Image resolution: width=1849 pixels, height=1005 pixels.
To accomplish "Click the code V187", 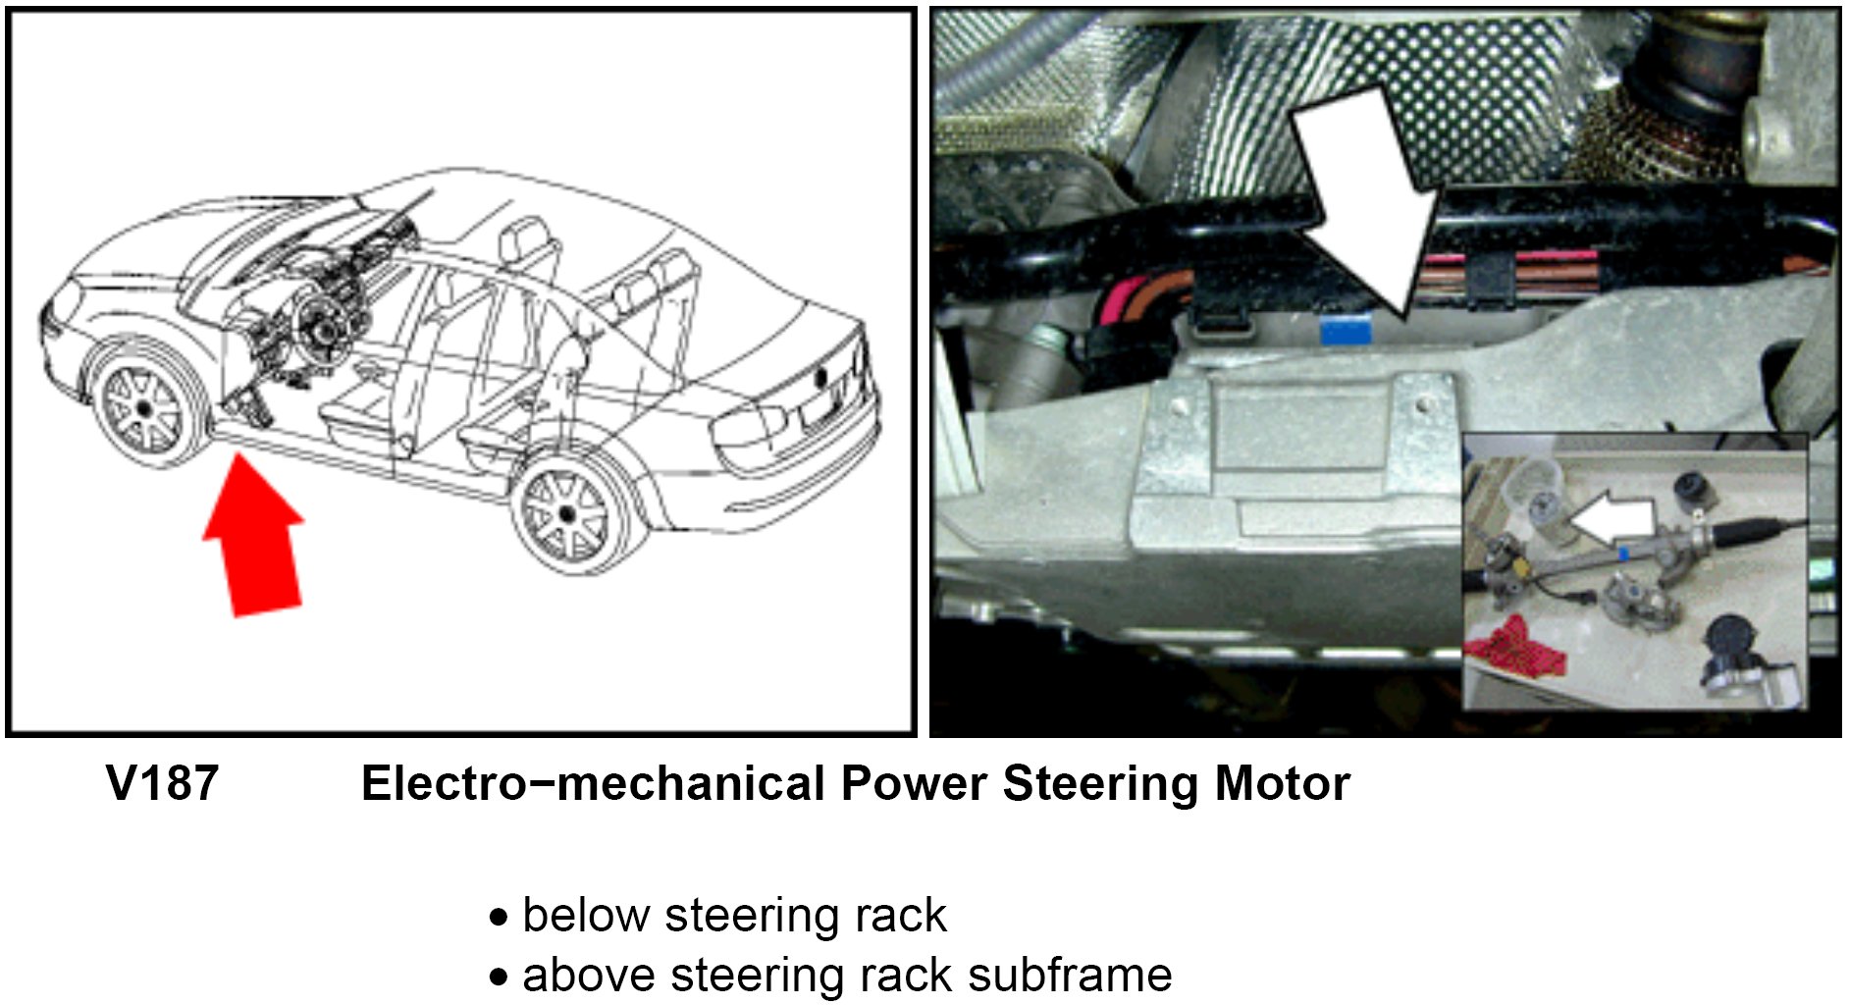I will coord(162,784).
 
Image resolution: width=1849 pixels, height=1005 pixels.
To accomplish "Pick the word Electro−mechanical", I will coord(593,784).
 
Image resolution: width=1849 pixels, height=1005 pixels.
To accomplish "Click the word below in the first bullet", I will coord(586,916).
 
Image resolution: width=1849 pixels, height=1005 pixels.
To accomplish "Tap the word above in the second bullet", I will coord(587,976).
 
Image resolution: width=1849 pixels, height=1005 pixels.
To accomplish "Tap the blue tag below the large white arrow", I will coord(1345,330).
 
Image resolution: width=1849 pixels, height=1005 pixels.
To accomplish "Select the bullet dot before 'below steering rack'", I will coord(500,919).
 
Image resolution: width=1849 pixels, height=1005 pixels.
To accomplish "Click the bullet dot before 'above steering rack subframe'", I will coord(500,978).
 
